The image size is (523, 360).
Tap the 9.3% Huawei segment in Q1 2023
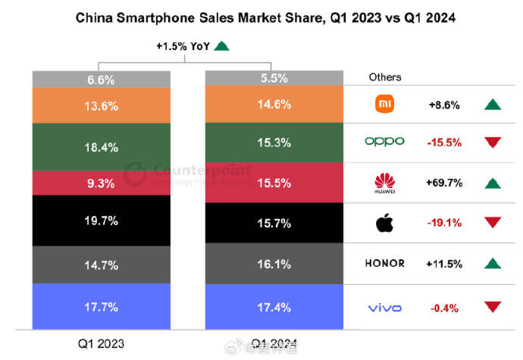(x=101, y=183)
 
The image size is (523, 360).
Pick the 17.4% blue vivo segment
(x=274, y=307)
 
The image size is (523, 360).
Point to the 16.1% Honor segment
(x=274, y=264)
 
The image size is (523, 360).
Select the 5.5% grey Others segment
(x=274, y=77)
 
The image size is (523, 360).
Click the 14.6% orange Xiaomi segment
(x=274, y=105)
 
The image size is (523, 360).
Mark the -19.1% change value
(x=445, y=223)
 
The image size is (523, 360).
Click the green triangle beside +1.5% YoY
(x=221, y=46)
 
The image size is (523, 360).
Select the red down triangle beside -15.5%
(x=493, y=142)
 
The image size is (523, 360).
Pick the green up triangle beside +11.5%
(x=493, y=264)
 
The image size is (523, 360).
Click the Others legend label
(x=385, y=77)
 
